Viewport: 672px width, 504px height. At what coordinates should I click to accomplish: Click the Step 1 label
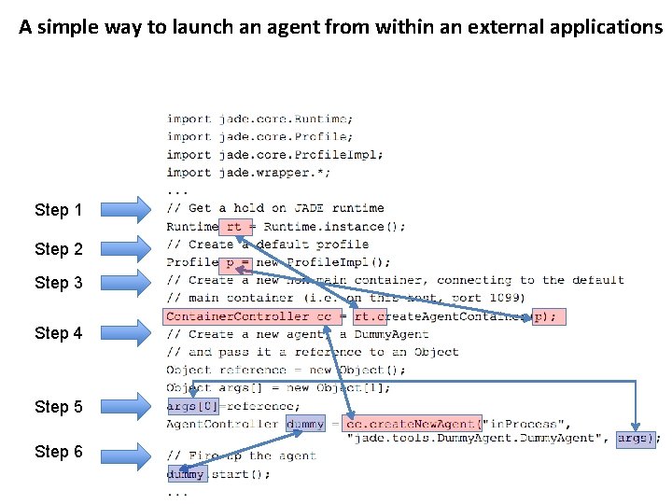(58, 210)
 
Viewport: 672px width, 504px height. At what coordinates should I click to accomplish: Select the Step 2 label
(58, 249)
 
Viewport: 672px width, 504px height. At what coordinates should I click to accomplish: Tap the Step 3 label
(58, 283)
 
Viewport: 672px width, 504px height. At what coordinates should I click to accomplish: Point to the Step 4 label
(58, 333)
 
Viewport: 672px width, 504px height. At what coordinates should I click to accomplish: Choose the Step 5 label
(58, 407)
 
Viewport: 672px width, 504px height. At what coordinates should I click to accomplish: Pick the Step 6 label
(58, 452)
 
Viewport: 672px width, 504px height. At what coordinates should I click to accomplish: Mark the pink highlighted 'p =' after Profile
(239, 262)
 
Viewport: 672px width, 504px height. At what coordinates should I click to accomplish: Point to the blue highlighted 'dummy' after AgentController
(305, 424)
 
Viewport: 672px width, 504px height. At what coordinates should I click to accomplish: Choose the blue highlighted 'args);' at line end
(637, 438)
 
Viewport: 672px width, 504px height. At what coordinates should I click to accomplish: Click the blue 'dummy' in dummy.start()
(185, 474)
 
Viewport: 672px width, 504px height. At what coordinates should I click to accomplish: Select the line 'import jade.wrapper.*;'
(248, 173)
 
